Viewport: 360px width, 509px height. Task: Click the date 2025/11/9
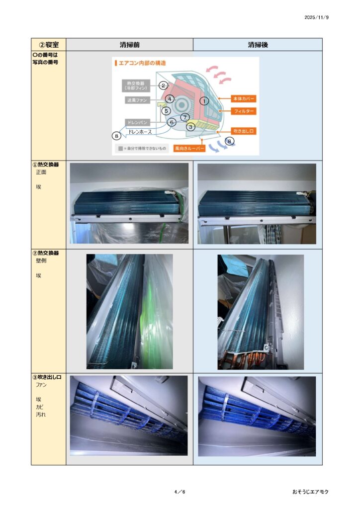[316, 17]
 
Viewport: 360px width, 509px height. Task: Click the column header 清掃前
[129, 45]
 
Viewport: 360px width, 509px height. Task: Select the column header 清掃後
[258, 45]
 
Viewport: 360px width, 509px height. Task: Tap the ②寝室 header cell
[49, 45]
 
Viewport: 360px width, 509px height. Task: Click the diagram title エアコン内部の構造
[142, 63]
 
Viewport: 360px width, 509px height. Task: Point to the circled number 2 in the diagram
[163, 85]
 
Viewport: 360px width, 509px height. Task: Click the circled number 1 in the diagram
[204, 101]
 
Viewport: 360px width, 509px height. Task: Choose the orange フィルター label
[244, 111]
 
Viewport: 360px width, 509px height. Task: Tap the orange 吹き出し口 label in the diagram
[244, 131]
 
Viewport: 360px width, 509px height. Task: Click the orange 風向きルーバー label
[189, 149]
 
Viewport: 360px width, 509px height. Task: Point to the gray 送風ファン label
[137, 100]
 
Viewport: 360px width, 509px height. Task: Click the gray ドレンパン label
[137, 122]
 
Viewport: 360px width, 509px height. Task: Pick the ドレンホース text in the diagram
[140, 132]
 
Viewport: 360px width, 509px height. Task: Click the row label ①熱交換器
[46, 165]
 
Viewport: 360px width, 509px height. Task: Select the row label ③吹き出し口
[47, 377]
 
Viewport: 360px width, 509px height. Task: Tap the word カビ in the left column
[40, 407]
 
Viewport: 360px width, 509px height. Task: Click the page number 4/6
[180, 492]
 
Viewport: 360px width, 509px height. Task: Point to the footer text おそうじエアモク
[310, 492]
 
